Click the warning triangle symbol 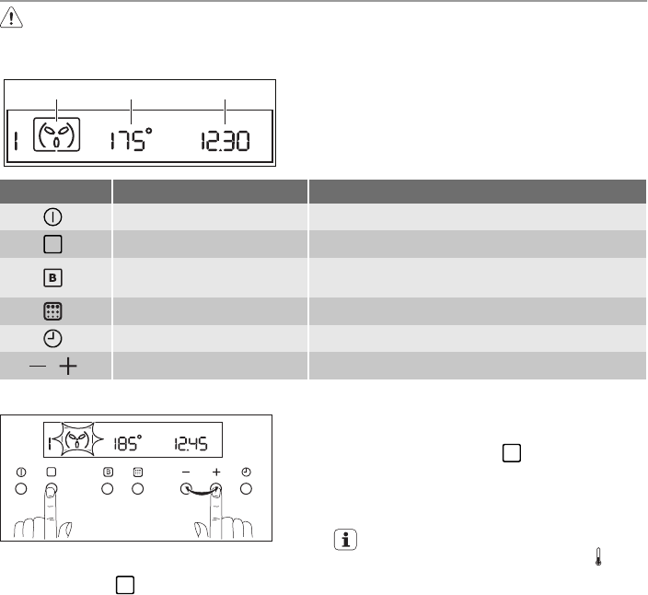point(11,17)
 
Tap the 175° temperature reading point(131,139)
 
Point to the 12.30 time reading point(226,141)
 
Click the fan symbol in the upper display point(56,134)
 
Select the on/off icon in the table point(52,217)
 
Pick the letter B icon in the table point(52,278)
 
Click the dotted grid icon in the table point(52,311)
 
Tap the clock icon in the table point(52,339)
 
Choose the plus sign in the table point(68,367)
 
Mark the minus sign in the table point(38,366)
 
